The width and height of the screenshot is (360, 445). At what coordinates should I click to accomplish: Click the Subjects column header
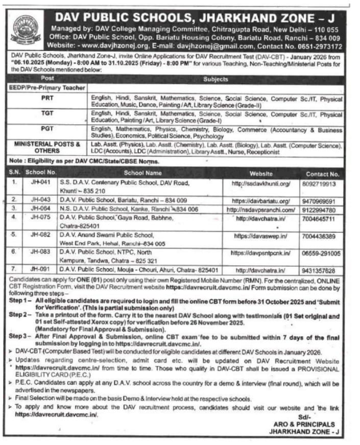tap(215, 80)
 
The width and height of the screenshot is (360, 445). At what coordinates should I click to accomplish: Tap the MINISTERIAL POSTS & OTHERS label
tap(47, 148)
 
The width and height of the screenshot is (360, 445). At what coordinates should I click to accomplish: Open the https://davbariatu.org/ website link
tap(260, 201)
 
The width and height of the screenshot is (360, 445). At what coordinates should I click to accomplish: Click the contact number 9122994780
tap(322, 210)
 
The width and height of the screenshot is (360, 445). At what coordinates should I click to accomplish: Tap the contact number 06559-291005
tap(321, 253)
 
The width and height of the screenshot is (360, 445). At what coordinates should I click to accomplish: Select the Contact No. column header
tap(322, 174)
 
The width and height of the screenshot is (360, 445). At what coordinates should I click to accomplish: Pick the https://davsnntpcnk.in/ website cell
tap(260, 253)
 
